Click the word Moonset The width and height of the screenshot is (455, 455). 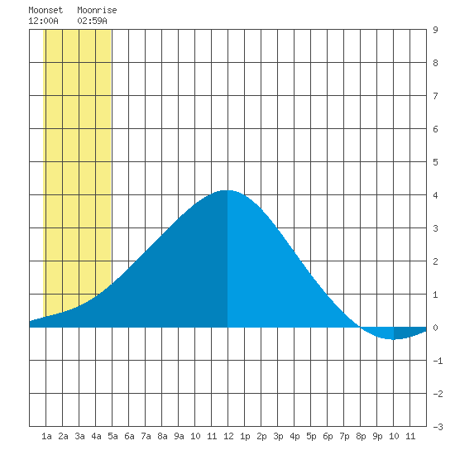pos(45,10)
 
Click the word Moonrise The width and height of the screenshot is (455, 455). pos(97,10)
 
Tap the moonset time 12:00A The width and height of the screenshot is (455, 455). pos(43,21)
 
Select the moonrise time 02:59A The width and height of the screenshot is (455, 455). pos(92,21)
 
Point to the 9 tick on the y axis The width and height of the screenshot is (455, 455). pos(435,30)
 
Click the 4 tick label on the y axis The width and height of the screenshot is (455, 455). pos(435,195)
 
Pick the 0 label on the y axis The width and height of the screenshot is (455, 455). pos(435,328)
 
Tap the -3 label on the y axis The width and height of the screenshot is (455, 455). pos(438,427)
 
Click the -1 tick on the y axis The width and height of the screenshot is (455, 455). pos(438,361)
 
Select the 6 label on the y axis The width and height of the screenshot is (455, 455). pos(435,129)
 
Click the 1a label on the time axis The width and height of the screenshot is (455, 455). pos(46,436)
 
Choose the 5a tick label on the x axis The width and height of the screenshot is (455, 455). pos(113,436)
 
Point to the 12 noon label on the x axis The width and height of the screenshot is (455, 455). pos(228,436)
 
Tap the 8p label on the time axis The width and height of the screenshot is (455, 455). pos(361,436)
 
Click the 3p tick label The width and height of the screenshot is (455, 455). pos(278,436)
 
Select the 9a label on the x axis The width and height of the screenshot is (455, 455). pos(179,436)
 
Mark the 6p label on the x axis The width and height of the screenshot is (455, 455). pos(328,436)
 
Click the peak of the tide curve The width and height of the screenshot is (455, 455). pos(227,190)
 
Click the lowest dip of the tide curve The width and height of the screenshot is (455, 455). pos(393,339)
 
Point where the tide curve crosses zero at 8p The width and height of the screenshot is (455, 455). pos(360,328)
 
